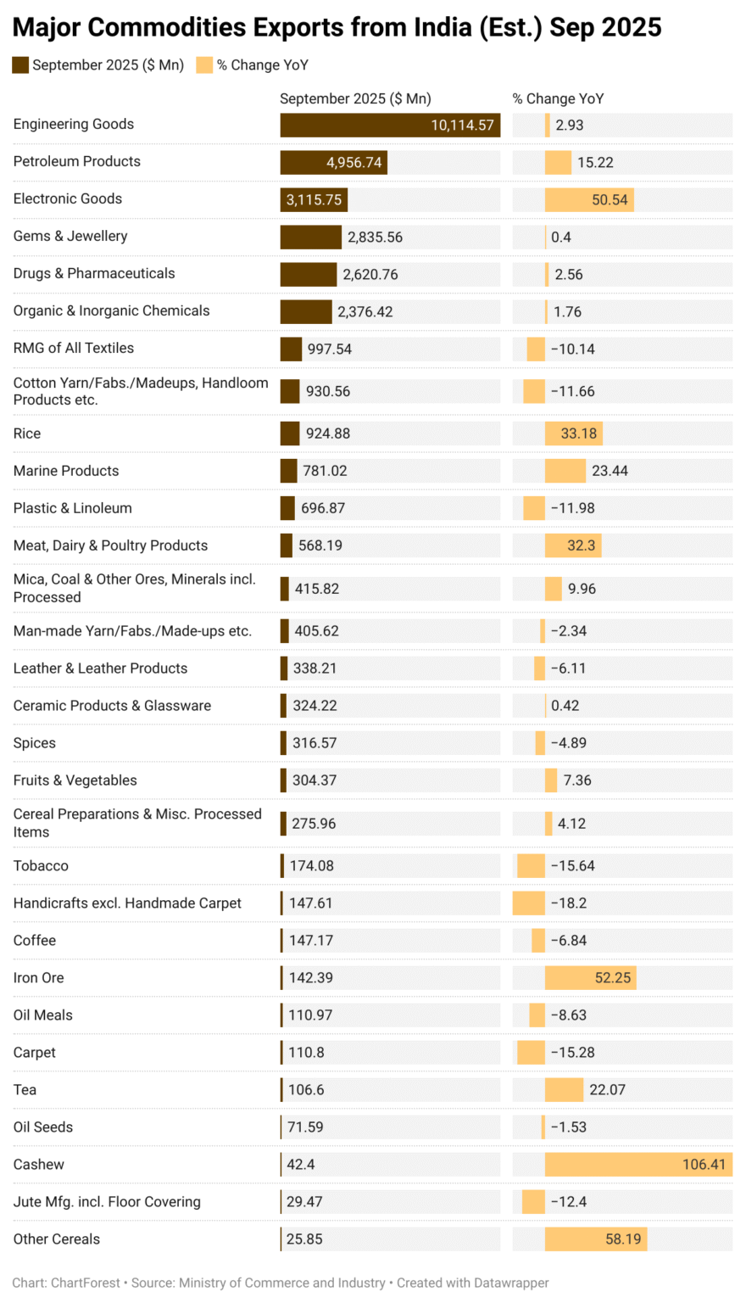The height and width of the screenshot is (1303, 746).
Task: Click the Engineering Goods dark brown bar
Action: pos(390,125)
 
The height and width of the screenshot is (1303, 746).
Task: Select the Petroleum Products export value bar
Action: pos(333,162)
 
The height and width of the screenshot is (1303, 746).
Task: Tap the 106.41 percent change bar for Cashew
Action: pos(638,1165)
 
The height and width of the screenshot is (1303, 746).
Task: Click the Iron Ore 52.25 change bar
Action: pos(590,978)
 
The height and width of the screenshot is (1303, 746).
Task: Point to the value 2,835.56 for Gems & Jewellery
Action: pos(375,237)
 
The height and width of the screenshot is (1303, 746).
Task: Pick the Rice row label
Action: pos(27,433)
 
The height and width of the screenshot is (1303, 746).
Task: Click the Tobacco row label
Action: pos(41,866)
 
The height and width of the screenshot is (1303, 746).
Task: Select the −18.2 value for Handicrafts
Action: pos(568,903)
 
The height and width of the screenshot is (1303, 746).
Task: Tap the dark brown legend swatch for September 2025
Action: pos(20,65)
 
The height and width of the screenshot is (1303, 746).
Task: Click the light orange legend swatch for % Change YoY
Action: pos(204,65)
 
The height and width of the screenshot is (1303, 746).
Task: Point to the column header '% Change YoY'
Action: pos(558,98)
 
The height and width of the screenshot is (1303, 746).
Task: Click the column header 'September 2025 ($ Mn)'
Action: pos(355,98)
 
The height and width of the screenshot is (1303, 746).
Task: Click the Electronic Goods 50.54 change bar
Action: pos(589,199)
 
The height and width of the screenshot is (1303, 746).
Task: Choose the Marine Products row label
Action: pos(66,471)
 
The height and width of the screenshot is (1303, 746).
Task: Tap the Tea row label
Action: pos(25,1090)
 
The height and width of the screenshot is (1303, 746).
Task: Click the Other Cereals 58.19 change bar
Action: pos(596,1239)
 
